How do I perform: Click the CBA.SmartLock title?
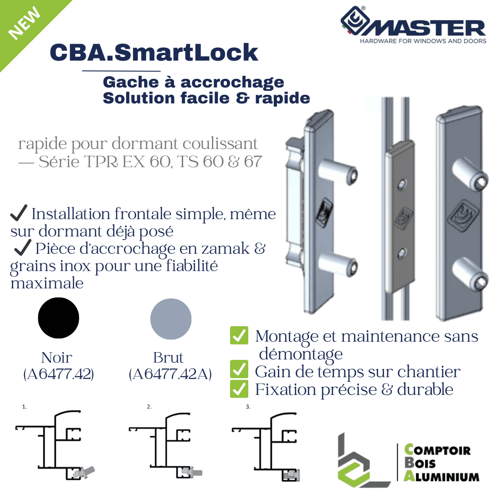[x=154, y=52]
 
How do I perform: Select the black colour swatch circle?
[x=58, y=318]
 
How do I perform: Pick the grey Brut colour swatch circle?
[x=171, y=319]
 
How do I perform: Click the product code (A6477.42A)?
[x=170, y=374]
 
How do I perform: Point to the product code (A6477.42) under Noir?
[x=58, y=374]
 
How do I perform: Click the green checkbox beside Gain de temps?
[x=239, y=369]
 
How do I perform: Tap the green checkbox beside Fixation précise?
[x=239, y=389]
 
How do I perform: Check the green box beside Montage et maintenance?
[x=239, y=335]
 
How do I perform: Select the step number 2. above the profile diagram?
[x=149, y=407]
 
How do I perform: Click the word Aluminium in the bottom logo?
[x=441, y=477]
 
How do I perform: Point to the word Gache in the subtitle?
[x=131, y=82]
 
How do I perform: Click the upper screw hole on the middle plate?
[x=402, y=184]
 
